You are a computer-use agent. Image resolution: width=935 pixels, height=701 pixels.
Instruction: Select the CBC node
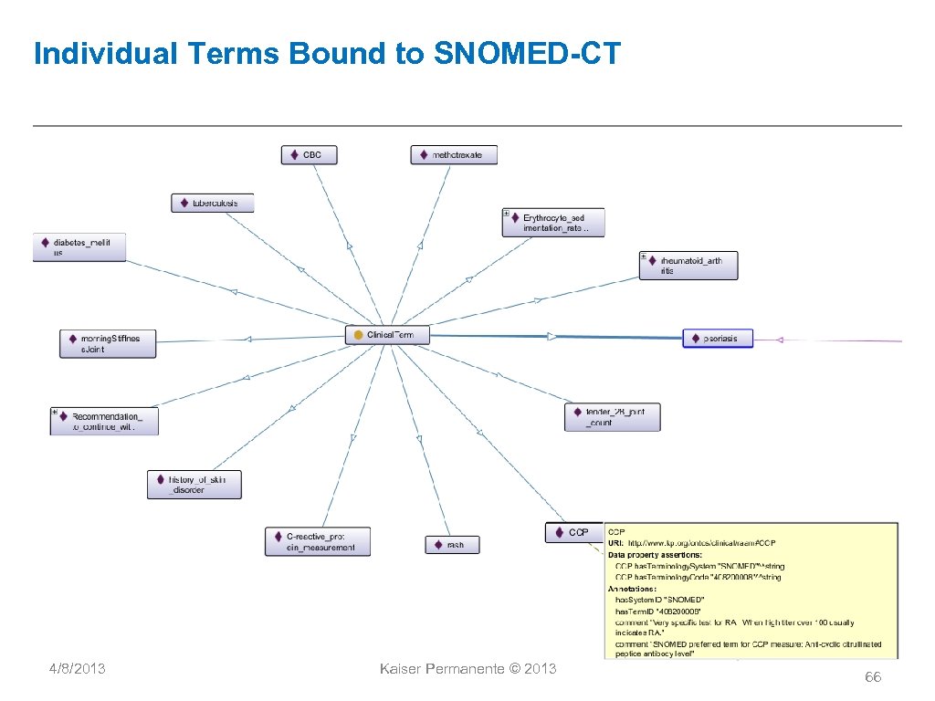pos(309,155)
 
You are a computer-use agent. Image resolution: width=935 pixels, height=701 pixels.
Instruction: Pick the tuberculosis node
pos(212,203)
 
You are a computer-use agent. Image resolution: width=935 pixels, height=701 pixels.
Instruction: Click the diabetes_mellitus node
pos(79,247)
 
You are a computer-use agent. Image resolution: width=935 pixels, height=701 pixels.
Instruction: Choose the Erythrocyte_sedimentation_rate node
pos(552,223)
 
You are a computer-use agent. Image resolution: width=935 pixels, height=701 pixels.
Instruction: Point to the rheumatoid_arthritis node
pos(688,266)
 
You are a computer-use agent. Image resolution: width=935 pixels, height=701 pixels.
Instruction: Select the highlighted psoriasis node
pos(718,339)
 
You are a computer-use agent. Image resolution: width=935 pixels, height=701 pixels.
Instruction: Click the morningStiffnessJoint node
pos(107,343)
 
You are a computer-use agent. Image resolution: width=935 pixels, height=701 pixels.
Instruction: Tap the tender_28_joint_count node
pos(612,417)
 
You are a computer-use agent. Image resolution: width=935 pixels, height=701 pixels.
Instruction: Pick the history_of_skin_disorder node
pos(194,485)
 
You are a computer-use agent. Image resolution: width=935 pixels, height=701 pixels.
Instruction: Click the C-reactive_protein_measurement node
pos(318,541)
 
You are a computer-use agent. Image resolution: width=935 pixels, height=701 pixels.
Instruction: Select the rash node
pos(451,545)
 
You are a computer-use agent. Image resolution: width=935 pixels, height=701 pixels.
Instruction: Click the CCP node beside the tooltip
pos(574,532)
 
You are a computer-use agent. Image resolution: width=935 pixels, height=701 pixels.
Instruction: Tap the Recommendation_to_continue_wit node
pos(104,421)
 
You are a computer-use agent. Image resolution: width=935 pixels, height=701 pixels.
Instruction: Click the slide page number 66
pos(873,676)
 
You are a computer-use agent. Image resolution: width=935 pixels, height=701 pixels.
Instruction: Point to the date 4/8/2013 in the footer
pos(77,669)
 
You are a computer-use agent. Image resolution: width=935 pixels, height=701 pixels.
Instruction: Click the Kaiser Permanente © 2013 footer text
pos(467,669)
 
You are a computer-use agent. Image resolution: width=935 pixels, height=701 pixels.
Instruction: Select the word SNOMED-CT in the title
pos(527,54)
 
